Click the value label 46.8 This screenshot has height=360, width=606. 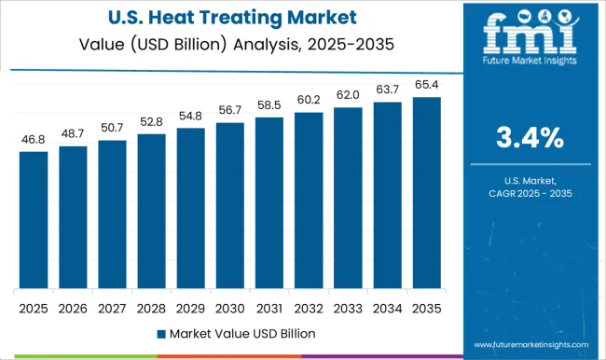pyautogui.click(x=34, y=140)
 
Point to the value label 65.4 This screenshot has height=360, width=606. pyautogui.click(x=425, y=85)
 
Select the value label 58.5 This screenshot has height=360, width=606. pyautogui.click(x=269, y=105)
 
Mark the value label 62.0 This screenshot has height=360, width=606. pyautogui.click(x=347, y=95)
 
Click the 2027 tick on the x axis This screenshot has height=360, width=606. pyautogui.click(x=112, y=307)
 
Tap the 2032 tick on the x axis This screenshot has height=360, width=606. pyautogui.click(x=308, y=307)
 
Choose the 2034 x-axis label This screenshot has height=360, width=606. pyautogui.click(x=386, y=307)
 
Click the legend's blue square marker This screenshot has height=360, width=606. pyautogui.click(x=161, y=333)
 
